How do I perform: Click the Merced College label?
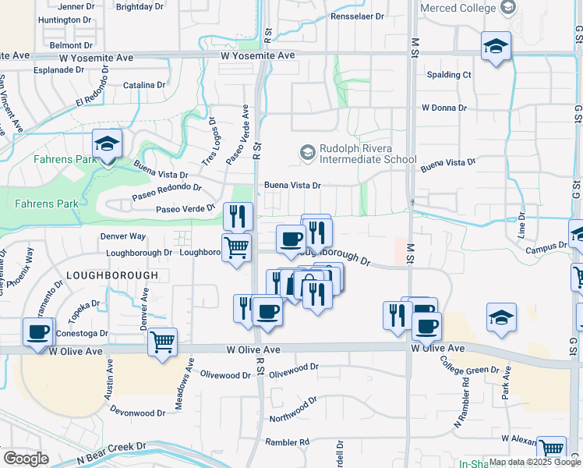[x=458, y=8]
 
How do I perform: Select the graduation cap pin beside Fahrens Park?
[x=108, y=145]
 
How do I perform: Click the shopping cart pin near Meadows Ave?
[x=162, y=342]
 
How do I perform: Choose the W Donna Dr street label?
[x=443, y=108]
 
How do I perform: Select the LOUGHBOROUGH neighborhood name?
[x=112, y=275]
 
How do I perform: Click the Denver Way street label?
[x=123, y=236]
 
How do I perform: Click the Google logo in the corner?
[x=26, y=458]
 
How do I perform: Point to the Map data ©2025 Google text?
[x=534, y=463]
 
